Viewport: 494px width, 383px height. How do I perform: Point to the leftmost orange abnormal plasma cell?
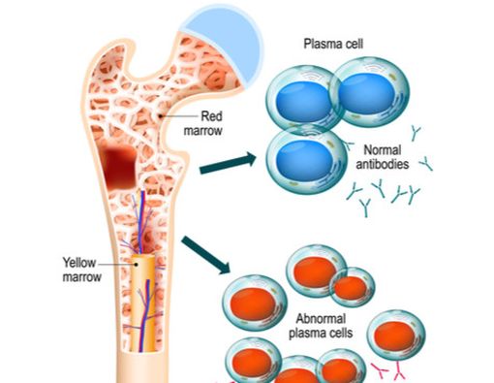click(249, 303)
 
